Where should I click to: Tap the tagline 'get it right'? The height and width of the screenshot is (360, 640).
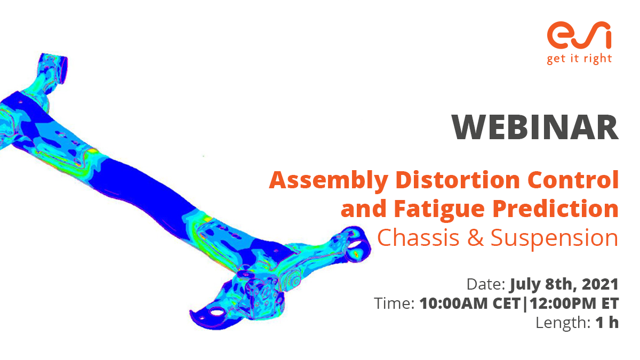[579, 59]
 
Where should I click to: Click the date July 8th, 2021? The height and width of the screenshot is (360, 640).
[565, 284]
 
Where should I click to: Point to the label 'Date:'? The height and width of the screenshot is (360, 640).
[485, 284]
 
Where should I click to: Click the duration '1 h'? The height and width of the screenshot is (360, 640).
[607, 323]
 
